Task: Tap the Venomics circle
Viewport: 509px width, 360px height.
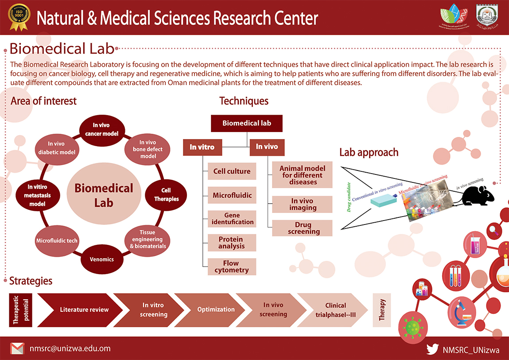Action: [x=102, y=259]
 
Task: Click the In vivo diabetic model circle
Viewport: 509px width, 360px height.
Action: [x=56, y=147]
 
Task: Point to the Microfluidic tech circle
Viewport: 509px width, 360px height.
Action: [x=56, y=240]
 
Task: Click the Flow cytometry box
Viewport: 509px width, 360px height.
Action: [x=232, y=267]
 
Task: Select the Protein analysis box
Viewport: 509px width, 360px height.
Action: [x=232, y=243]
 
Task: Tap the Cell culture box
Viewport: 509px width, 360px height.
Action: [x=232, y=171]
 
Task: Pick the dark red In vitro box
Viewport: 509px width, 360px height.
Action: [x=202, y=147]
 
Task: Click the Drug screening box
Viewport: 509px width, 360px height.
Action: [x=302, y=228]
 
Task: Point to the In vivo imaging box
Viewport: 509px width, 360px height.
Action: [x=302, y=204]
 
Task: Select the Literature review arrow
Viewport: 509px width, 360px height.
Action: [x=82, y=310]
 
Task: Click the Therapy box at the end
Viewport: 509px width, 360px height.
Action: [x=382, y=310]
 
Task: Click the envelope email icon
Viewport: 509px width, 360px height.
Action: [x=17, y=348]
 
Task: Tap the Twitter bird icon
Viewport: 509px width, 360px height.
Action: [x=432, y=349]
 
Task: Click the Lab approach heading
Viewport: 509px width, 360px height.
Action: [x=369, y=153]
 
